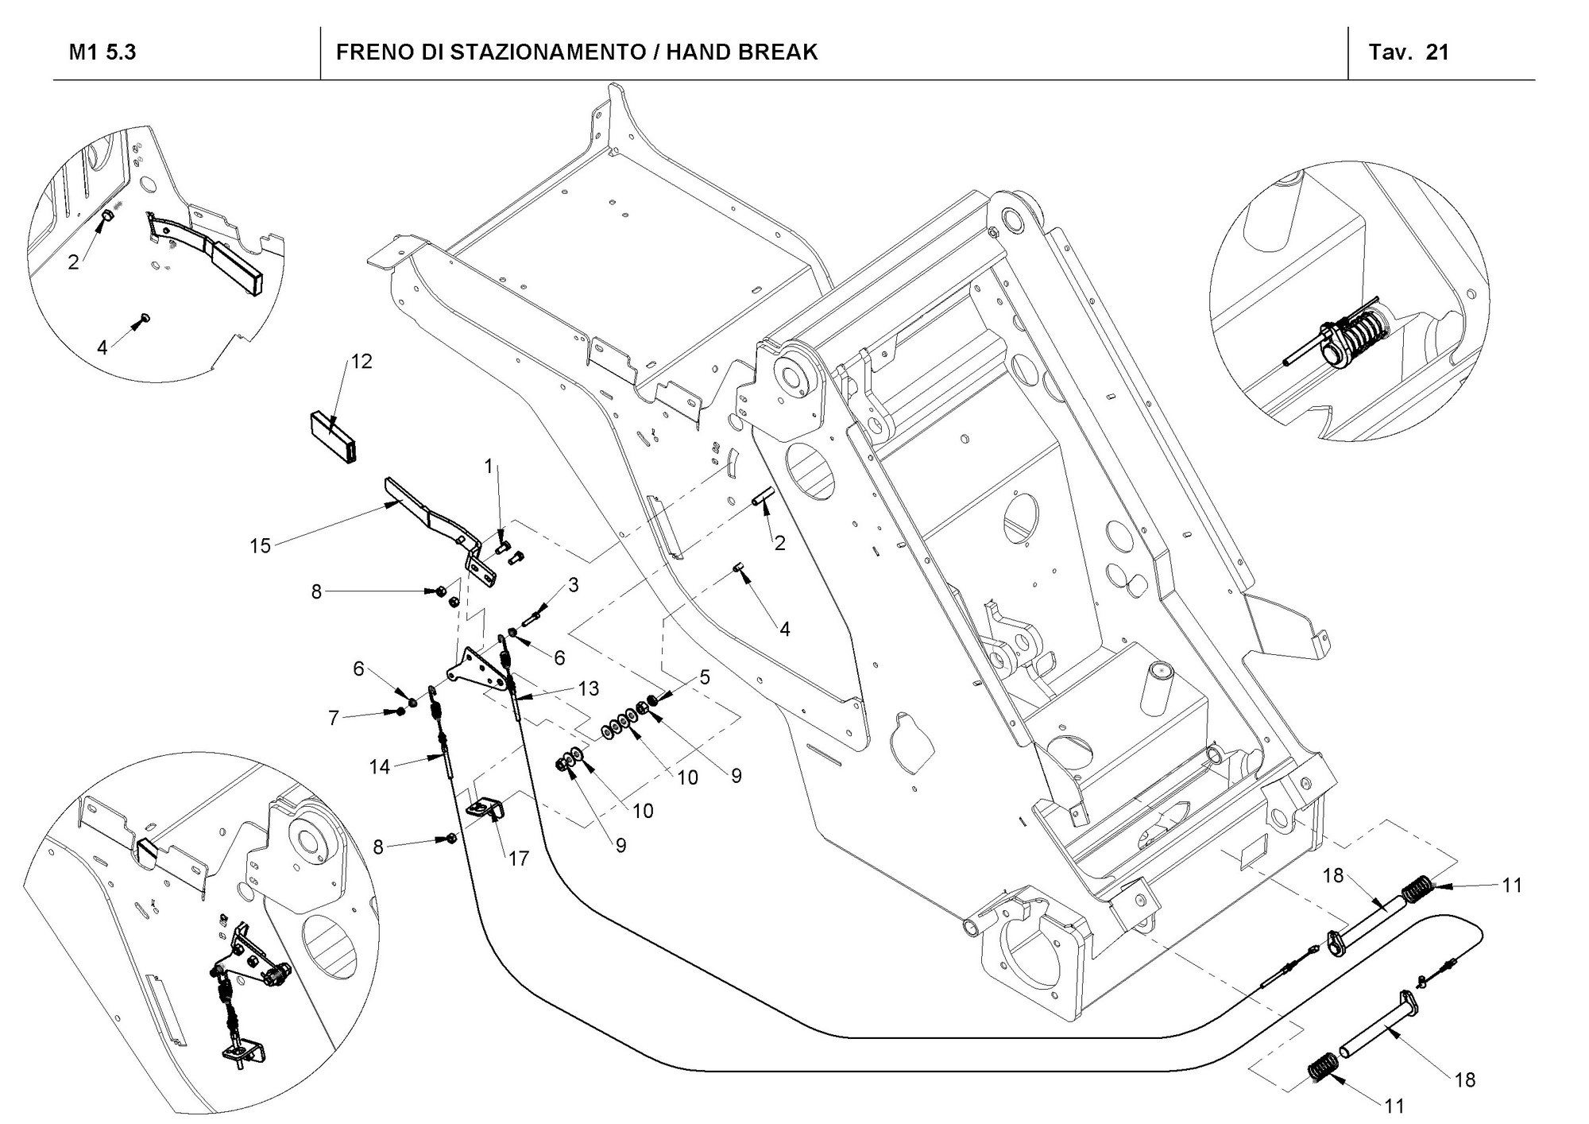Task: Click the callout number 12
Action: point(361,362)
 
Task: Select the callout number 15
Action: point(261,546)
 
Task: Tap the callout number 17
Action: point(519,859)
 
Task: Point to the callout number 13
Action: point(588,688)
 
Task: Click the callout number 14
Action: point(380,767)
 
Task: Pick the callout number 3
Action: point(573,586)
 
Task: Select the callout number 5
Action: point(705,678)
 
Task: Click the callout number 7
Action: point(334,719)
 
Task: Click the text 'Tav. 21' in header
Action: point(1409,52)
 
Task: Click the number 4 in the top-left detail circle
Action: point(102,347)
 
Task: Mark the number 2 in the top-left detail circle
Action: point(74,262)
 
